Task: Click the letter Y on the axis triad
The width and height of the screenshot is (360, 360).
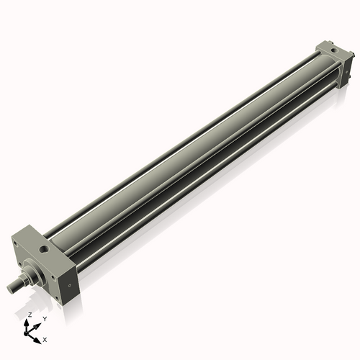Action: (x=45, y=318)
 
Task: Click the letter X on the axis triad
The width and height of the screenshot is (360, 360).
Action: (x=45, y=338)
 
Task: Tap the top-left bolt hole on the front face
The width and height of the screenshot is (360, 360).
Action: (x=16, y=245)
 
